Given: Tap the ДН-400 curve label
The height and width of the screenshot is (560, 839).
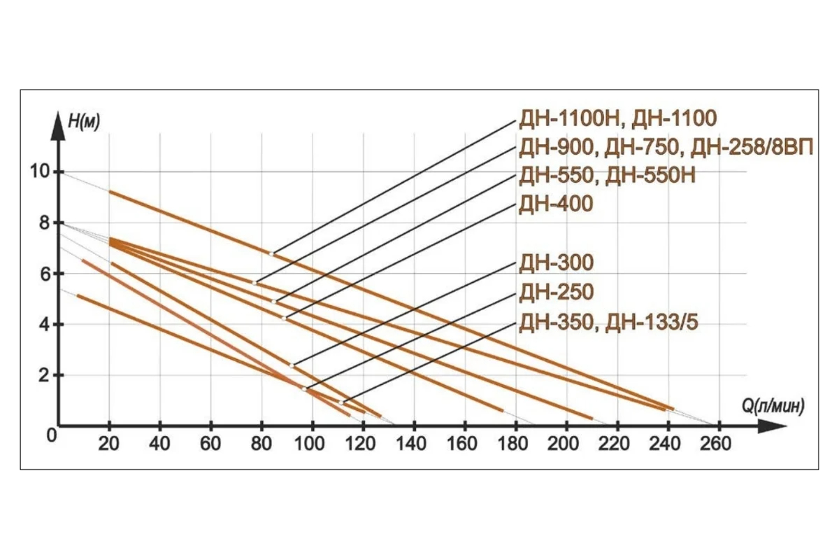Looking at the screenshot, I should pyautogui.click(x=555, y=204).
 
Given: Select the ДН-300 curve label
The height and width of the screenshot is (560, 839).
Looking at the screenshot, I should pyautogui.click(x=555, y=262).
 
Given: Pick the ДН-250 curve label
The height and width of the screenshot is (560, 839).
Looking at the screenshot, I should pyautogui.click(x=555, y=292).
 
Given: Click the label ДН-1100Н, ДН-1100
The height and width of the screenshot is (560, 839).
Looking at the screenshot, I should pyautogui.click(x=617, y=119).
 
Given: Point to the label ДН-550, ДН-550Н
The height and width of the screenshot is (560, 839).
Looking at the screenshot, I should pyautogui.click(x=607, y=176).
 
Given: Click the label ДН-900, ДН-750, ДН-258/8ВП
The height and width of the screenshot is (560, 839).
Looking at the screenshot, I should pyautogui.click(x=664, y=148).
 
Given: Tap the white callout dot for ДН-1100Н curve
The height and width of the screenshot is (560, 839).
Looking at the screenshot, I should pyautogui.click(x=272, y=253).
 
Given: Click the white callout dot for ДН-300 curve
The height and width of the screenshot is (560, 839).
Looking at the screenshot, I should pyautogui.click(x=292, y=365).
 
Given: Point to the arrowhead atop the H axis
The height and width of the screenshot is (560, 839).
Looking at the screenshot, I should pyautogui.click(x=59, y=118).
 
